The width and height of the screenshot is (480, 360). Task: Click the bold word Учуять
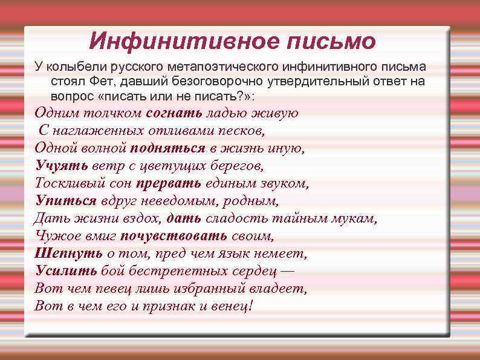tap(61, 165)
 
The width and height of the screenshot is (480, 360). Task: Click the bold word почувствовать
tap(175, 235)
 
